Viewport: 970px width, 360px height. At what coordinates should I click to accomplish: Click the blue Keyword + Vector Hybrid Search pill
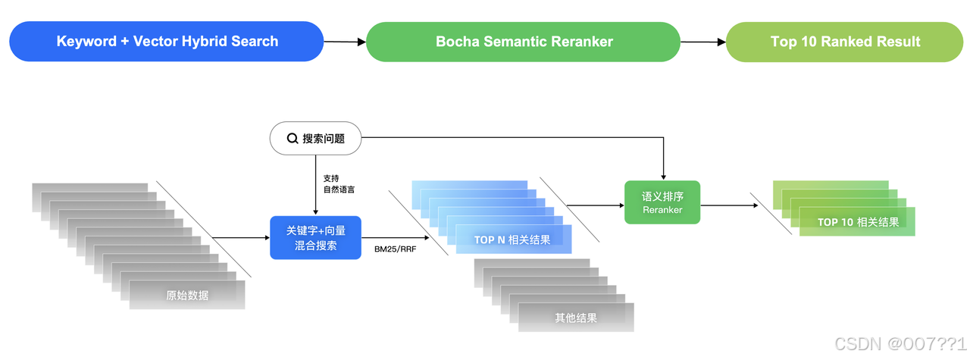pos(167,42)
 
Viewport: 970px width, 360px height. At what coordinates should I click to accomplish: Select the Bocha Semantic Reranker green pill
pos(524,42)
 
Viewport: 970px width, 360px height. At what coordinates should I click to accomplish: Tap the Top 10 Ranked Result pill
pos(845,42)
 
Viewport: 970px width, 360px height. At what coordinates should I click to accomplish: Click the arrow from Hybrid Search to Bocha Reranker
pos(345,42)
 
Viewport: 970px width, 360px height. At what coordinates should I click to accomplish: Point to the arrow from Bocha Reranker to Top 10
pos(703,42)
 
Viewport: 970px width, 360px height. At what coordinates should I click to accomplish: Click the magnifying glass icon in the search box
pos(292,139)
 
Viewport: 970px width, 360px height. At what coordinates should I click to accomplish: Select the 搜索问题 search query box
pos(316,139)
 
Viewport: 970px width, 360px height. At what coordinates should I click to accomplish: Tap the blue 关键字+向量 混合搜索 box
pos(315,238)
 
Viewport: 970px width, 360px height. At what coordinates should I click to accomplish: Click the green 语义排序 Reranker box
pos(662,202)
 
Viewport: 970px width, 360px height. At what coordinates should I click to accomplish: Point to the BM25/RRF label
pos(396,249)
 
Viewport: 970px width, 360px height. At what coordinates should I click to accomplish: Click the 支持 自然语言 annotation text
pos(339,183)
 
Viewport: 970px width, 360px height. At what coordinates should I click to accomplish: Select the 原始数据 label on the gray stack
pos(187,296)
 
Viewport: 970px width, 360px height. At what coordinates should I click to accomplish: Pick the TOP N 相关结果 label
pos(512,240)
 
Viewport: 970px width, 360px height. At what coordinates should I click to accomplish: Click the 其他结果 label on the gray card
pos(576,318)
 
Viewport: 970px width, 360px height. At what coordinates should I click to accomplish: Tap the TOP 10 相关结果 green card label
pos(858,222)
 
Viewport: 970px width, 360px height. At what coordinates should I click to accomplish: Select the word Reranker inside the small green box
pos(662,210)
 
